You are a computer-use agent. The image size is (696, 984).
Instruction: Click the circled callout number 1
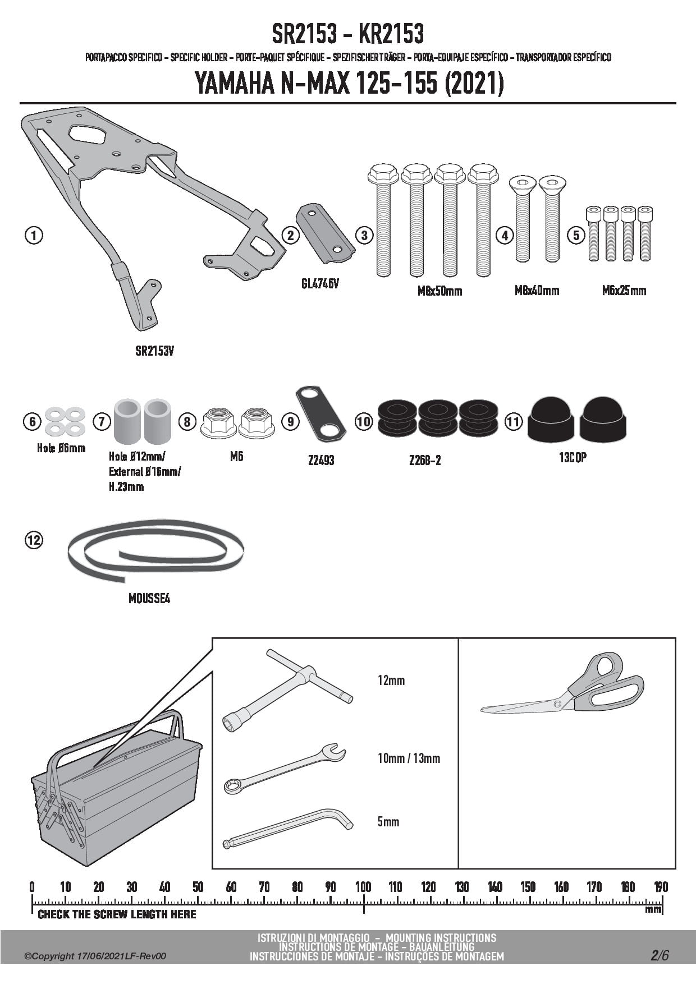tap(34, 235)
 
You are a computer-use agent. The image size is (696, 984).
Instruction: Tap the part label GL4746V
tap(320, 284)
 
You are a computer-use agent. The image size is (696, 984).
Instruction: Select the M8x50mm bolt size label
tap(439, 291)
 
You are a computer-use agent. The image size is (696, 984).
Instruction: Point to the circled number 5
tap(576, 235)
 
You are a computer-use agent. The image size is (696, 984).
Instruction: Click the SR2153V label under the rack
tap(154, 351)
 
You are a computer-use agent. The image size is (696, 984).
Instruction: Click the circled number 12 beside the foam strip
tap(34, 540)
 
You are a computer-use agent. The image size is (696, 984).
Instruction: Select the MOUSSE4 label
tap(149, 599)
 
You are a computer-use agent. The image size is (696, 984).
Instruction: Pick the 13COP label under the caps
tap(573, 458)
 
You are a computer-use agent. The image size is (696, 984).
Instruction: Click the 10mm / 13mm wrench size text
tap(409, 758)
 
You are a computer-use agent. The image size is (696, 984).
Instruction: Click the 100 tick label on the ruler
tap(363, 887)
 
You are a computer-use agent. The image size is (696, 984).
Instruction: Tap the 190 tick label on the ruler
tap(661, 887)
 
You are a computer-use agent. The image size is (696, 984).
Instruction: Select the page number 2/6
tap(660, 955)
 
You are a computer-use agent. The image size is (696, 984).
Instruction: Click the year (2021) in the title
tap(474, 84)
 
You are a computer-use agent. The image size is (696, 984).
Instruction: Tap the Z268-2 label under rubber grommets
tap(425, 461)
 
